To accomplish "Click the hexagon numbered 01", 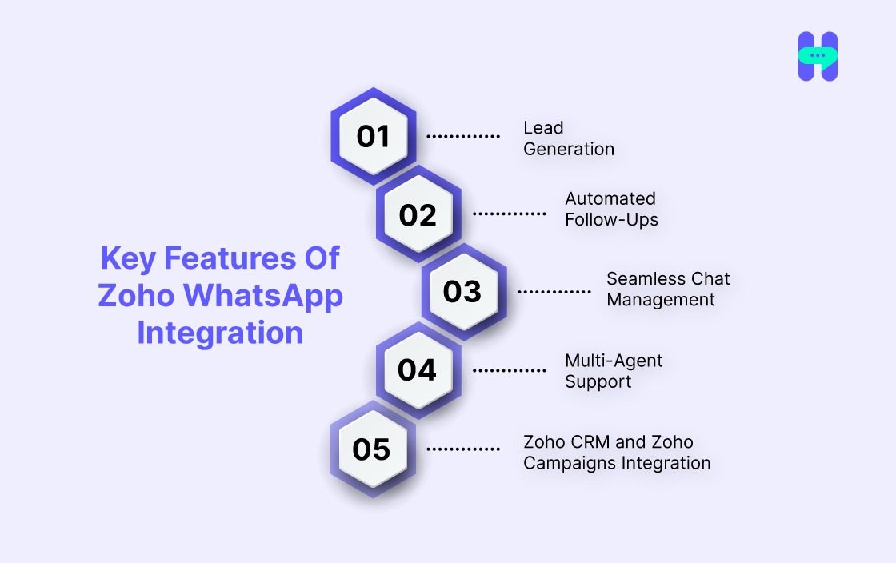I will coord(373,137).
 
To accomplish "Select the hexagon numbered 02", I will coord(418,215).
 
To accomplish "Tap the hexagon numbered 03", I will coord(463,292).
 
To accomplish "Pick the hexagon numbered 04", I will coord(418,370).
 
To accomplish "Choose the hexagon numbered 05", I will coord(373,449).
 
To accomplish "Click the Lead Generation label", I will coord(569,138).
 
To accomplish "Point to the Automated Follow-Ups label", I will coord(611,209).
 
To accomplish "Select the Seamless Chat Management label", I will coord(668,289).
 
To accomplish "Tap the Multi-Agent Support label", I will coord(614,371).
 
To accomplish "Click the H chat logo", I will coord(818,56).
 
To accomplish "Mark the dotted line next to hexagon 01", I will coord(463,137).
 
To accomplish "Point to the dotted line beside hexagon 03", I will coord(554,292).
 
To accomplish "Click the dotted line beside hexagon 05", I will coord(463,449).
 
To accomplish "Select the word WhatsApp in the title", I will coord(263,296).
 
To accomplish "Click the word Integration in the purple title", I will coord(220,333).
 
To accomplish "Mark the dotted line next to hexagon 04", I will coord(510,370).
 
